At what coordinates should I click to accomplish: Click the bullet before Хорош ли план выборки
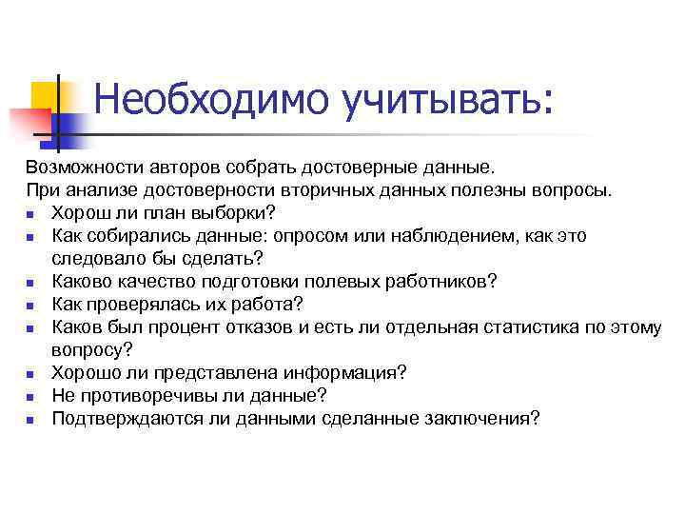click(x=31, y=213)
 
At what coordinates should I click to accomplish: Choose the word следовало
click(x=98, y=258)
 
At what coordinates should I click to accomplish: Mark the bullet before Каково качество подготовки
click(x=31, y=282)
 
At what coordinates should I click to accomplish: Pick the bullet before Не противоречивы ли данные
click(x=31, y=396)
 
